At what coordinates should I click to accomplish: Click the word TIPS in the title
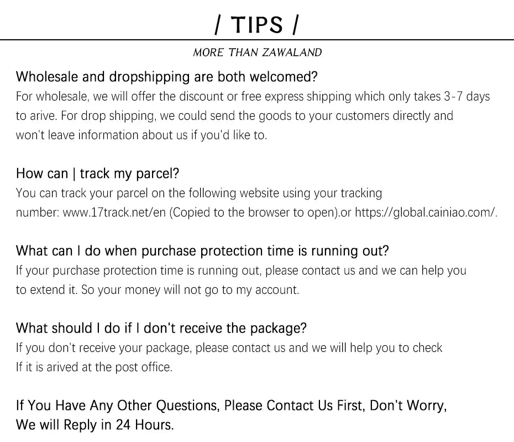(x=256, y=24)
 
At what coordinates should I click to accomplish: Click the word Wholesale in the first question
(x=46, y=76)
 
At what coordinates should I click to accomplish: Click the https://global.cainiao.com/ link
(x=426, y=213)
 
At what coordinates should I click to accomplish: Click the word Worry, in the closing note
(x=426, y=406)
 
